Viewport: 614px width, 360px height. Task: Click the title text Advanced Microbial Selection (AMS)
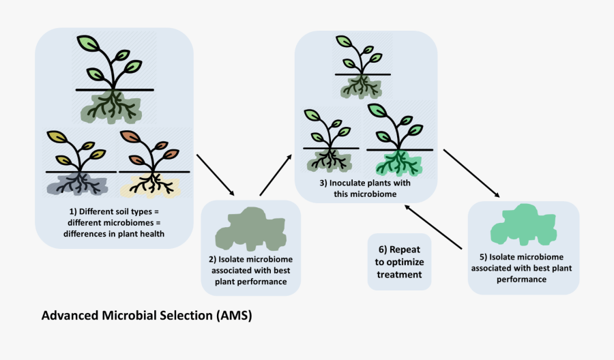tap(147, 316)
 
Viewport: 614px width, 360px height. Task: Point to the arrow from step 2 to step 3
tap(276, 175)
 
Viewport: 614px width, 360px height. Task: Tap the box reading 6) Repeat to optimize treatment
tap(399, 262)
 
